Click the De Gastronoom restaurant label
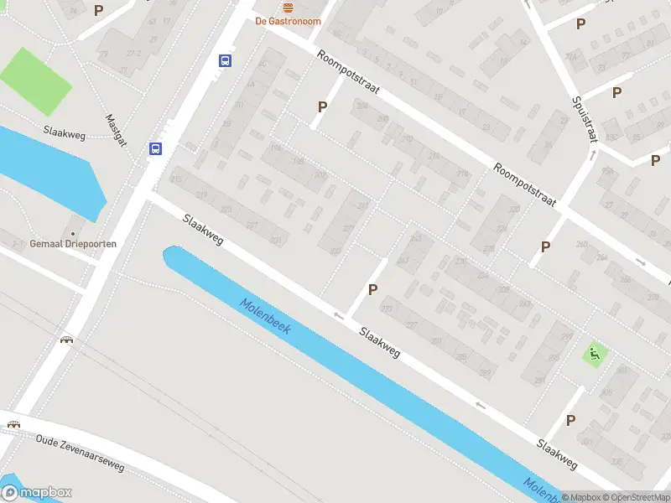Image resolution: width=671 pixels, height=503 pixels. click(288, 21)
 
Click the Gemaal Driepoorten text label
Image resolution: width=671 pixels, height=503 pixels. click(73, 244)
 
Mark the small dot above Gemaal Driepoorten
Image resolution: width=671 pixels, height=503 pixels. click(73, 233)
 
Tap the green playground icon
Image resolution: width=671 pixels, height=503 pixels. click(595, 354)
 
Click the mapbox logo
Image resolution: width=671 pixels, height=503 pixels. click(37, 493)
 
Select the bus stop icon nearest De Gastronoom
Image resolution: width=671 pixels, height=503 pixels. click(226, 60)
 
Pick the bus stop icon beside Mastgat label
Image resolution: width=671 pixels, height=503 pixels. click(155, 148)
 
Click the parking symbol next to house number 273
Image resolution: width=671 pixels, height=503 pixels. click(372, 289)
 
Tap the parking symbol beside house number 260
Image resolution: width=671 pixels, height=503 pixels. click(545, 246)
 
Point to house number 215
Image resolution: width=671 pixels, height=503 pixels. click(176, 179)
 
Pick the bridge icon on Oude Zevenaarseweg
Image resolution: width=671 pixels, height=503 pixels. click(13, 423)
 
